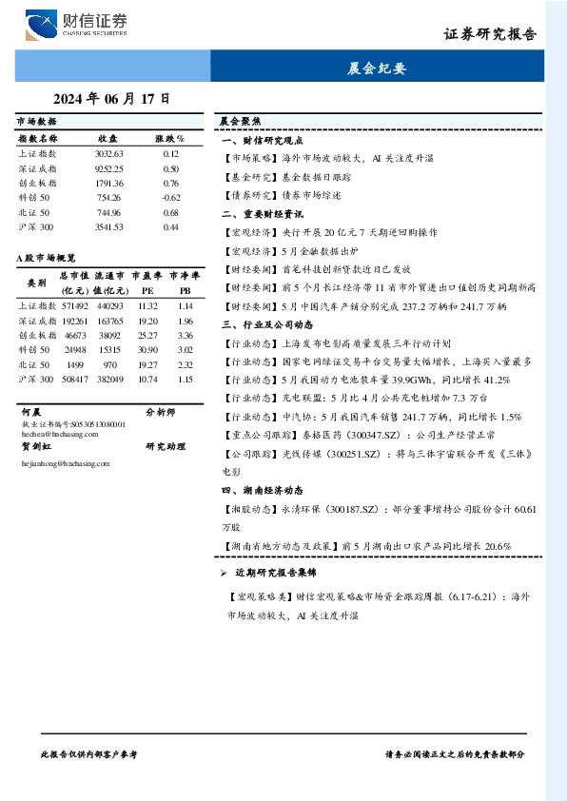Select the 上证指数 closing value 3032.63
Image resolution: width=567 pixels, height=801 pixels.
[109, 152]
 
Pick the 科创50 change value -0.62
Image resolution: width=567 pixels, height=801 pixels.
[170, 198]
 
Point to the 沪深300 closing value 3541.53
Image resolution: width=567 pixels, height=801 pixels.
[109, 227]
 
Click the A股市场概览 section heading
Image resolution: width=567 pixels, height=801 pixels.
[46, 258]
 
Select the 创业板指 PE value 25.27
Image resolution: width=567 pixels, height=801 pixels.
[147, 335]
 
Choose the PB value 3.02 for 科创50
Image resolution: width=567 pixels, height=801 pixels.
[185, 350]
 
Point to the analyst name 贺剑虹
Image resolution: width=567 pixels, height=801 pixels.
[35, 445]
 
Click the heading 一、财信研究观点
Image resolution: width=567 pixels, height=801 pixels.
[260, 140]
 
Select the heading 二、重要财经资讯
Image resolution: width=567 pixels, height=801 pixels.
[260, 214]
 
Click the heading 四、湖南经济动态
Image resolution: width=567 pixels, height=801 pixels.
[260, 490]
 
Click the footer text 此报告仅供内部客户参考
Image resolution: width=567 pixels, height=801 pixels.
[89, 753]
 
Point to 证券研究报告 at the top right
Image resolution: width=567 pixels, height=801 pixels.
[490, 34]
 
